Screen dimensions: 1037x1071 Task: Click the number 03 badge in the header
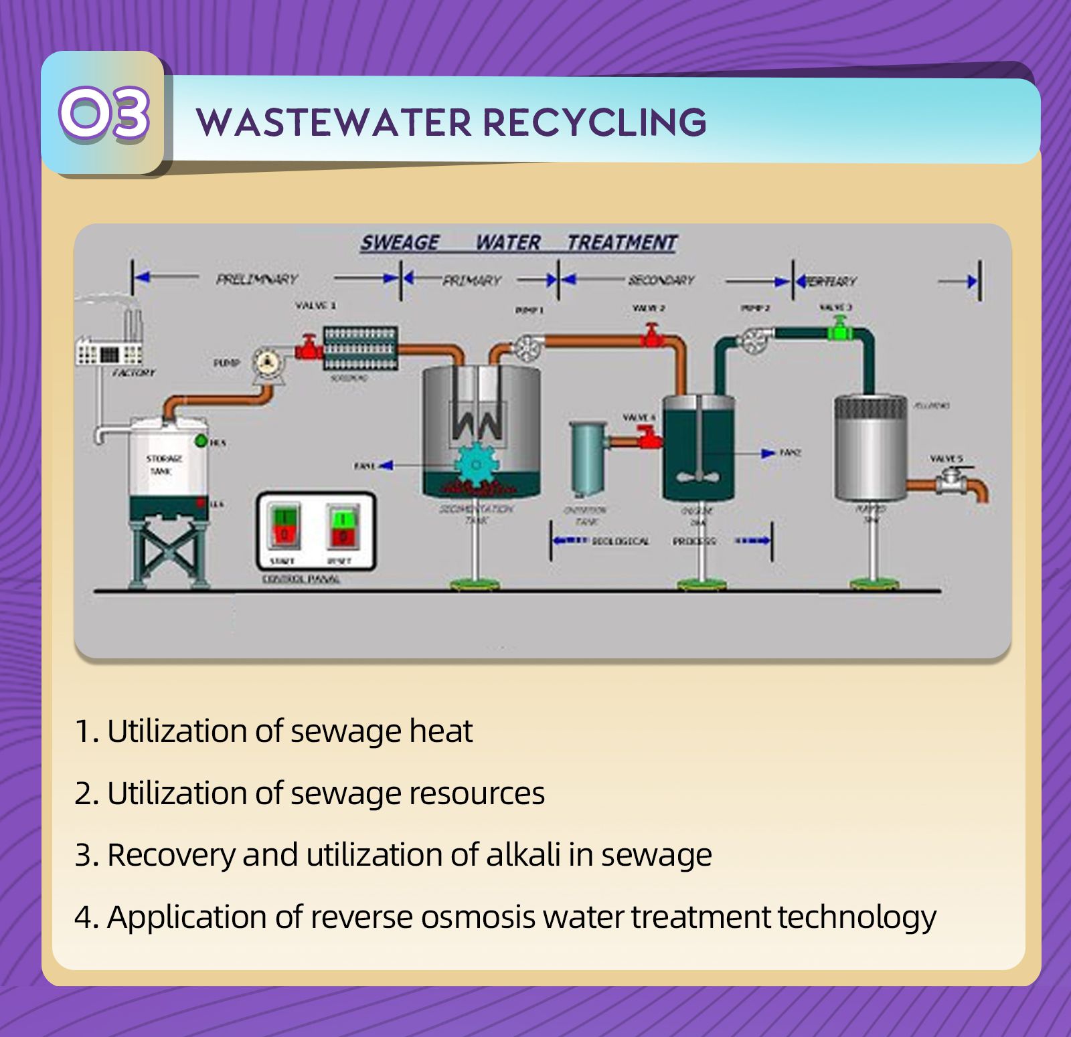(x=104, y=114)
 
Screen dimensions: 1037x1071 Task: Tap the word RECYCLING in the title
(x=594, y=122)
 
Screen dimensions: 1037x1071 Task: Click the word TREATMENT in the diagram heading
(x=622, y=242)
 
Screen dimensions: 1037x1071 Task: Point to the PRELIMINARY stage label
(x=257, y=279)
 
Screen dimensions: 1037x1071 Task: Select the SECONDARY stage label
(x=661, y=280)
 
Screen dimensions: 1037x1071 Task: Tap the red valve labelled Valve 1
(x=309, y=347)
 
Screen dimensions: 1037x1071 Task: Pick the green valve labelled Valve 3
(x=838, y=330)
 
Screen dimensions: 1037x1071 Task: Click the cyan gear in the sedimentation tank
(x=476, y=464)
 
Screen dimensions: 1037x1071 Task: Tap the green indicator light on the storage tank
(x=200, y=441)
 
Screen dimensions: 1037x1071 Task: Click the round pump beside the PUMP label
(x=268, y=363)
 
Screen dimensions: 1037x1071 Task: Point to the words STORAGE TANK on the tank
(x=163, y=464)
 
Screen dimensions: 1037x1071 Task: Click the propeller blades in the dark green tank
(x=698, y=476)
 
